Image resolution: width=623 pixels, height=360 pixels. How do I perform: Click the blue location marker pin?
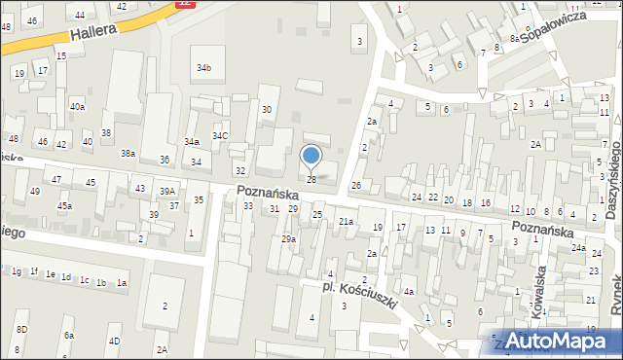[311, 156]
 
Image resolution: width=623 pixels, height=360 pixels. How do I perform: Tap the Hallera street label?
[93, 33]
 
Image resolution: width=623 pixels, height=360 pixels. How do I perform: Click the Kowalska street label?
[540, 281]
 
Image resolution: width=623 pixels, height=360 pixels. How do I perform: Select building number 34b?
[203, 68]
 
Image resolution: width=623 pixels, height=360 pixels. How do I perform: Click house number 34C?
[221, 136]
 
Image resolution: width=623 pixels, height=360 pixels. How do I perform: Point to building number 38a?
[128, 153]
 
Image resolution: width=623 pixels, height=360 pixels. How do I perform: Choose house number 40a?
[77, 107]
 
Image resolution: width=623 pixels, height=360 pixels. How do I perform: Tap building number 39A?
[167, 192]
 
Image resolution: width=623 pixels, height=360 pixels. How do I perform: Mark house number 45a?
[64, 206]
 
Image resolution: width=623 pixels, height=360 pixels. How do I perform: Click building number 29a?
[288, 239]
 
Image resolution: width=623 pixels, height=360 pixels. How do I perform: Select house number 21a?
[346, 222]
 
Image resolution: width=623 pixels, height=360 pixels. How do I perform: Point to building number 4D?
[114, 341]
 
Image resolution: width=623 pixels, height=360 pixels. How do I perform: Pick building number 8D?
[21, 330]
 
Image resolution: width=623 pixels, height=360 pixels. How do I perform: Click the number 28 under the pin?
[311, 179]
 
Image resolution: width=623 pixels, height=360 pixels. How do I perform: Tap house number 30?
[267, 110]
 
